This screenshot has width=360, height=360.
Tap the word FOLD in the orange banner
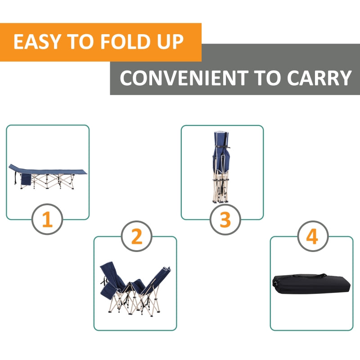[119, 42]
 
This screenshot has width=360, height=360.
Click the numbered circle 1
[47, 220]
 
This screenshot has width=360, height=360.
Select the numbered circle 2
[136, 236]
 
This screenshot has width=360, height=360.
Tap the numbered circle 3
[225, 220]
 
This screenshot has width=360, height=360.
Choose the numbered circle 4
[312, 237]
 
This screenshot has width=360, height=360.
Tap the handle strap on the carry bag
[299, 275]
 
